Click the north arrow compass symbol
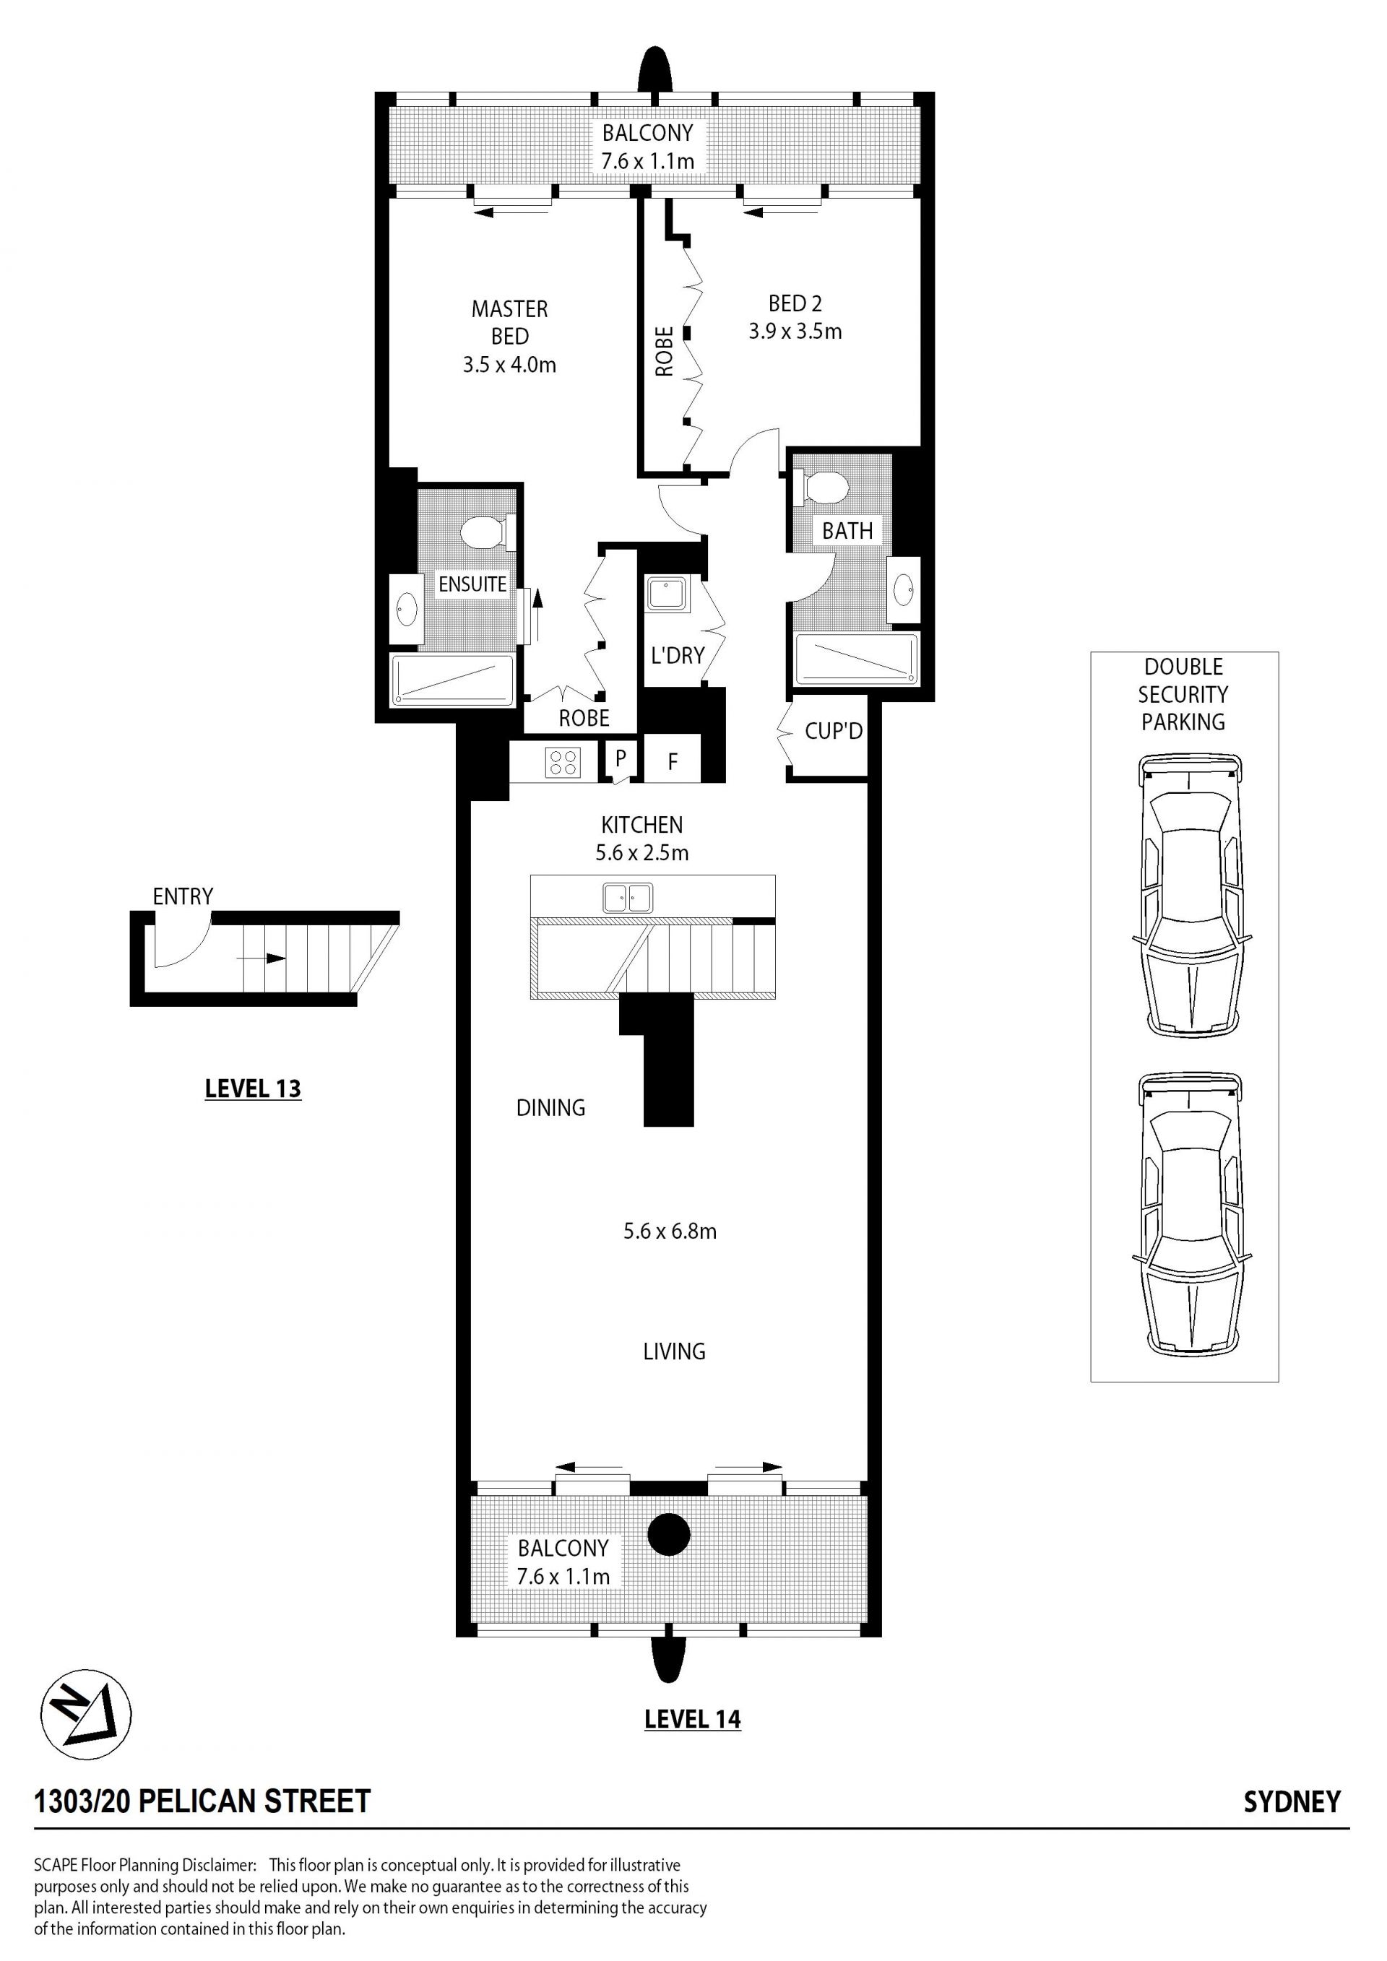[86, 1714]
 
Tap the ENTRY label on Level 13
[183, 896]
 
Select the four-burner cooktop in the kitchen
[563, 761]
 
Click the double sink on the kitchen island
[628, 898]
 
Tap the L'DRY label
[678, 655]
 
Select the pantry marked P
[621, 758]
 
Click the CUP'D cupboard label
[834, 731]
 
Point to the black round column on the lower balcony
[669, 1535]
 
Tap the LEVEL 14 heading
[693, 1718]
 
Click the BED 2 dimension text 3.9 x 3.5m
[795, 332]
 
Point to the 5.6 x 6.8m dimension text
[670, 1231]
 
